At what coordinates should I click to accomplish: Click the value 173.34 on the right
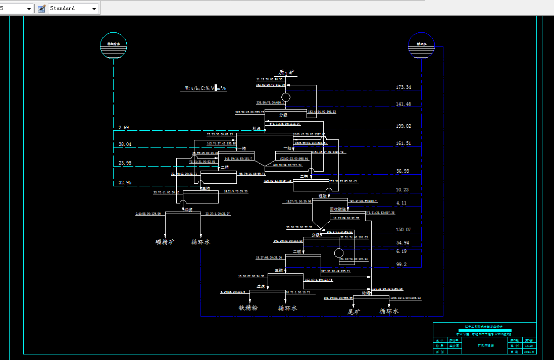click(403, 88)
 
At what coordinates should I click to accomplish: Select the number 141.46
click(403, 105)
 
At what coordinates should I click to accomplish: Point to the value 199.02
click(403, 126)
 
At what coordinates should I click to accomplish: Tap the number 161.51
click(403, 144)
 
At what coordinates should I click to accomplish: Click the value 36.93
click(402, 172)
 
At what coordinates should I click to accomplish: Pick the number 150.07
click(403, 230)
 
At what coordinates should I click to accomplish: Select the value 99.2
click(401, 265)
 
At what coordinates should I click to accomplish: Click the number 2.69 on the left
click(124, 128)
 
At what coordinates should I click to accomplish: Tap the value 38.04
click(125, 144)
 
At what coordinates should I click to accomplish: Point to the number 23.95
click(125, 163)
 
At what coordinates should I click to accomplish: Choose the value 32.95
click(125, 182)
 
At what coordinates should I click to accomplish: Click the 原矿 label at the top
click(286, 73)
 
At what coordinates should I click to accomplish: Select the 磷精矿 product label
click(165, 242)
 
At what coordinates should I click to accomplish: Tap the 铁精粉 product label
click(248, 308)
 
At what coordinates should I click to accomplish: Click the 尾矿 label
click(352, 312)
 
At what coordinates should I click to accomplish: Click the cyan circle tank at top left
click(114, 45)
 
